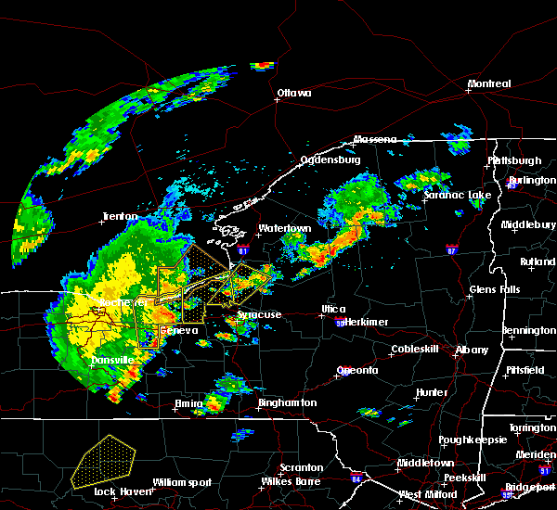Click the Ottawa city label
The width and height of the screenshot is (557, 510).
coord(293,93)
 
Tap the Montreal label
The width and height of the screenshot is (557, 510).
coord(489,84)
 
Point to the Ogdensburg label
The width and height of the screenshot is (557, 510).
coord(330,159)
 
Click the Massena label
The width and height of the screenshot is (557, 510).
coord(374,140)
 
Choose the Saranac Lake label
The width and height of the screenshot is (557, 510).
coord(458,196)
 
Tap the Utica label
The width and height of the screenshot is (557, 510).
coord(333,309)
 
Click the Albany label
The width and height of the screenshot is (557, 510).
coord(472,350)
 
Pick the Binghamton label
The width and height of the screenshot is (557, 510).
coord(287,403)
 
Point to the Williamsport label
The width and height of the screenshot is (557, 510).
coord(182,482)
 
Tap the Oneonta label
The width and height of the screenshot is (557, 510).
coord(356,370)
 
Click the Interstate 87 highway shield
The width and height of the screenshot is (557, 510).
coord(451,249)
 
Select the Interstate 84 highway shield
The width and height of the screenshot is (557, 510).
coord(356,479)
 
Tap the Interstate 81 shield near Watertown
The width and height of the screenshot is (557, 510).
coord(242,249)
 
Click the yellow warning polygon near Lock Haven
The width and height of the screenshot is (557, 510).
coord(104,462)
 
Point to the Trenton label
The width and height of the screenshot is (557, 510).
coord(121,218)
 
